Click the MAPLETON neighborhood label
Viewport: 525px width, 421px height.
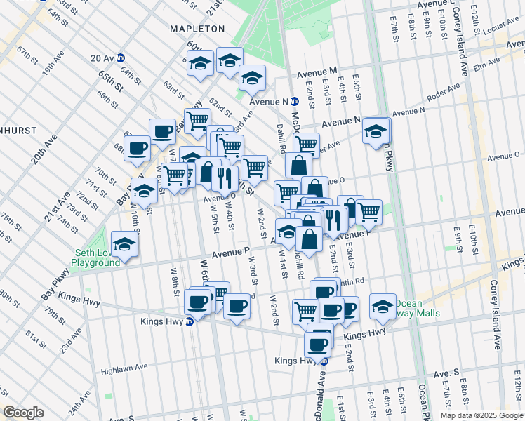click(197, 29)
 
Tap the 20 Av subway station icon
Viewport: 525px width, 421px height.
click(121, 58)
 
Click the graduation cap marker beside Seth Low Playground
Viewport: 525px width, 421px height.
click(125, 245)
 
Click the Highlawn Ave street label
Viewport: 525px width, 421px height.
click(124, 367)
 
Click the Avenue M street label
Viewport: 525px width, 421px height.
click(317, 72)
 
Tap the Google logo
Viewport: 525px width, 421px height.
click(23, 413)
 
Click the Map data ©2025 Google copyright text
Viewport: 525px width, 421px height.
click(481, 415)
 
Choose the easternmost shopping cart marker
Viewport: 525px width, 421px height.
click(368, 212)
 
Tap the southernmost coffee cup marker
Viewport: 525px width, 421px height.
click(318, 345)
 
